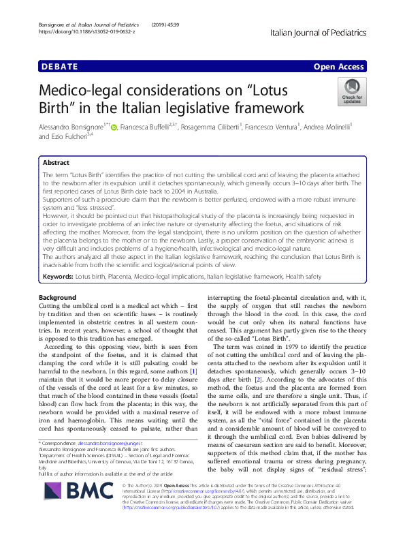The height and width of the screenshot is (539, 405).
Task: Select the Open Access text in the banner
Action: click(x=339, y=67)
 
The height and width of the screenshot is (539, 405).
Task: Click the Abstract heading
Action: click(x=56, y=164)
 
